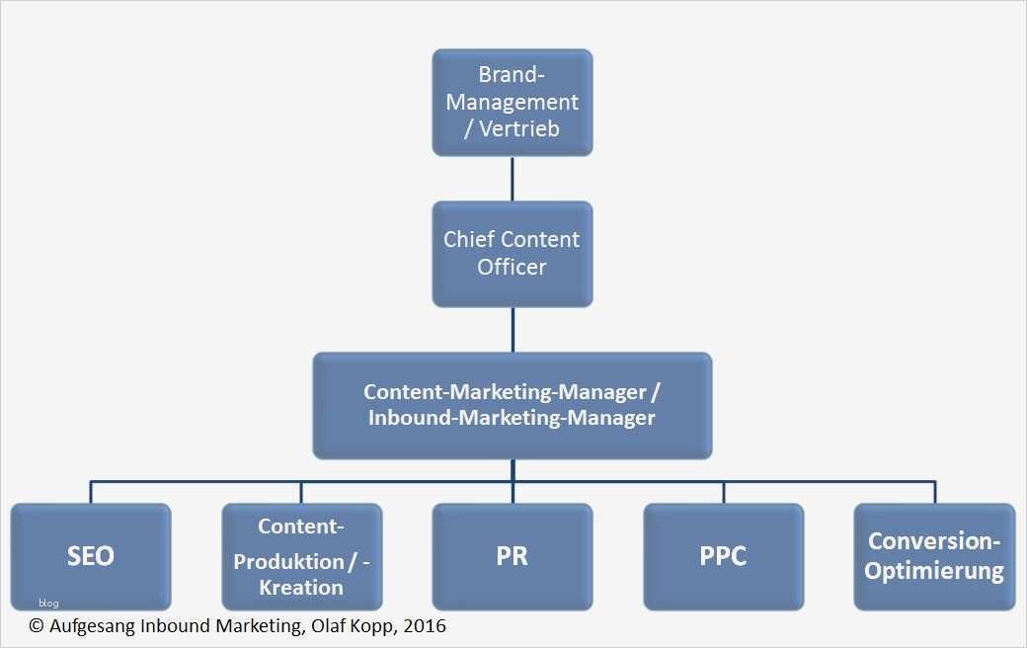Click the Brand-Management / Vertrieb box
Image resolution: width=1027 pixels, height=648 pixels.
pos(512,102)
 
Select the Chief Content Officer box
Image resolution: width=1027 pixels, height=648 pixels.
pos(512,253)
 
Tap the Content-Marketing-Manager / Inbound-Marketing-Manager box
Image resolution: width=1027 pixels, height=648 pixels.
pos(512,405)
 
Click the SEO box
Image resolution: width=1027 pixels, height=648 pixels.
pos(91,556)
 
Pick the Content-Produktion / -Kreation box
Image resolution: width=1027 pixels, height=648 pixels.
pos(301,556)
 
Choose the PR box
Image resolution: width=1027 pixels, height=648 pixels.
pos(512,556)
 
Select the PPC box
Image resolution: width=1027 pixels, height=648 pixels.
pos(723,556)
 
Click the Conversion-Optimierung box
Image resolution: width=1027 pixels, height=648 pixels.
pos(934,556)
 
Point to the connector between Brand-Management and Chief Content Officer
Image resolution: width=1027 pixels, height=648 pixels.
pos(512,179)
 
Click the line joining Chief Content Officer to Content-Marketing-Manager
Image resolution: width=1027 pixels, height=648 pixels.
pos(512,329)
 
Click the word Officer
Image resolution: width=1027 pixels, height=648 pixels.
pos(512,267)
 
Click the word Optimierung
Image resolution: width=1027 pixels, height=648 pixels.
pos(934,571)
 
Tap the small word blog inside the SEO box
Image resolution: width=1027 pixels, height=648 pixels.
pos(48,604)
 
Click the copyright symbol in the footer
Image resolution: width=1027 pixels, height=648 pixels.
pos(37,626)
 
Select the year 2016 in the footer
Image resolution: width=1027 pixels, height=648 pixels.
pos(426,626)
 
